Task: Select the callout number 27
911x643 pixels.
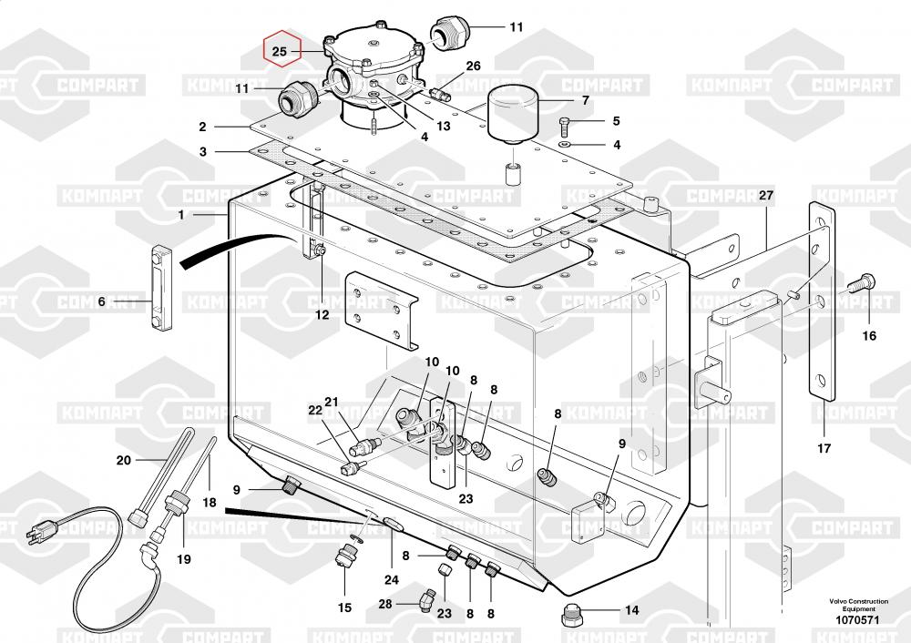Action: pos(765,196)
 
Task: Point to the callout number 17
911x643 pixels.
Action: pos(824,448)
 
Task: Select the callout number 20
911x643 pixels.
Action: pos(124,460)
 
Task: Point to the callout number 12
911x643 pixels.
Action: pos(322,315)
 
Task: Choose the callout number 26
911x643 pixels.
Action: pos(473,66)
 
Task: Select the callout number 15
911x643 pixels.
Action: pos(344,607)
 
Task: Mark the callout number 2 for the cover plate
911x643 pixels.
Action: pos(202,128)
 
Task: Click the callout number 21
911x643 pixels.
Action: pos(332,402)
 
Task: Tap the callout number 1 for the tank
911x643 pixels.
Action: pos(181,215)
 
